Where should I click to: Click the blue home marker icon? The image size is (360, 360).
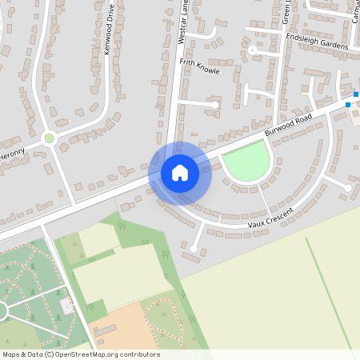(180, 172)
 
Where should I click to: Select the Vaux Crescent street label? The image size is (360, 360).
(270, 216)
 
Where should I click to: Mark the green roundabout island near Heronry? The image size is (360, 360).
(50, 138)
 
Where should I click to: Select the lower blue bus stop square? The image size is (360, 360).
(348, 104)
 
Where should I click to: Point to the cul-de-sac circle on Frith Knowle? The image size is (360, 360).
(214, 104)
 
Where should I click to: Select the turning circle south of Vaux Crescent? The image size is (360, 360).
(193, 250)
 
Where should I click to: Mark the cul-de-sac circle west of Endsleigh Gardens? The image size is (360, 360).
(252, 50)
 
